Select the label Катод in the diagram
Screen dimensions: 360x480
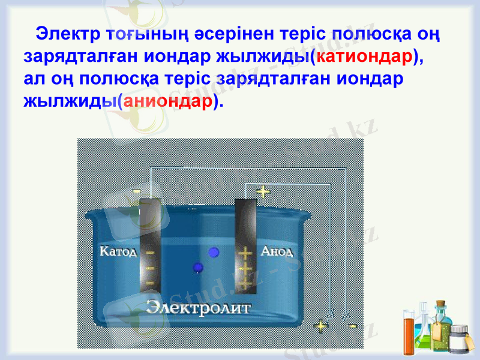point(118,250)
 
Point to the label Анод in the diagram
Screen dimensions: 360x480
point(277,251)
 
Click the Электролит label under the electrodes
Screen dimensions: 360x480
point(199,307)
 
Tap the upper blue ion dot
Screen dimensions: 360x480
point(212,253)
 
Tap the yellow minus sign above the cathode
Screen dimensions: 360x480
point(136,191)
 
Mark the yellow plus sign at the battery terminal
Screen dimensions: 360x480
point(322,326)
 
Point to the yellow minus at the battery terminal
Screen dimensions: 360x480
point(353,326)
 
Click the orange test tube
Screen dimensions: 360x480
point(409,336)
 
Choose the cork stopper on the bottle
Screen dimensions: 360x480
point(441,305)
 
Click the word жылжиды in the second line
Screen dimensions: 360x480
point(262,56)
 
